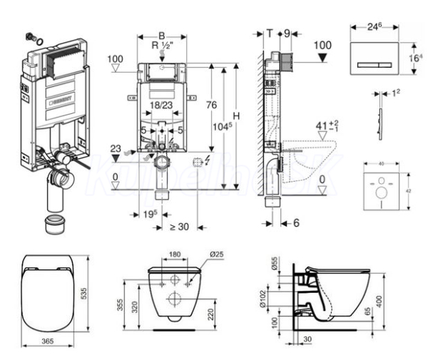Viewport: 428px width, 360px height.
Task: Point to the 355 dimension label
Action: coord(122,305)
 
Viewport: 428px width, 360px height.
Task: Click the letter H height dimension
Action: coord(235,117)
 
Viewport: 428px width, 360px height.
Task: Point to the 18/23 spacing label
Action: coord(161,104)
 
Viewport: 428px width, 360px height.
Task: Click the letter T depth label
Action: coord(269,32)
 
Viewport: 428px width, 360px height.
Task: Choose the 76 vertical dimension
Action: coord(210,105)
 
